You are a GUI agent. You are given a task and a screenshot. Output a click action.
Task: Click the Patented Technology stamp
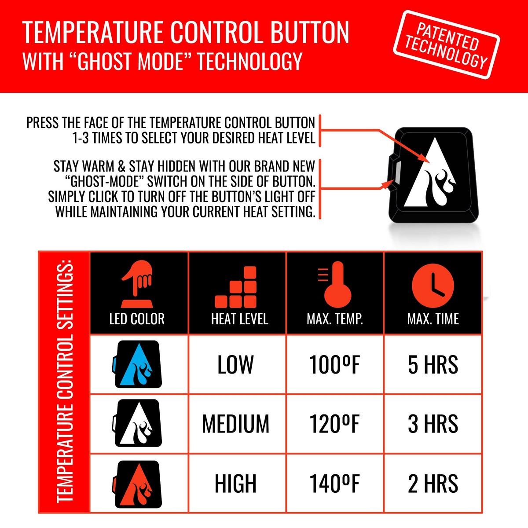click(x=446, y=45)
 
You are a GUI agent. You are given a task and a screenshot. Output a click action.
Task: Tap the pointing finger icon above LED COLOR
click(x=137, y=284)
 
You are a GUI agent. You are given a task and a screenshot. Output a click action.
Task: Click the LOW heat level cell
click(x=236, y=365)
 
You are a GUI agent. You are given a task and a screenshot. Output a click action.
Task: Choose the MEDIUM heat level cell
click(x=236, y=424)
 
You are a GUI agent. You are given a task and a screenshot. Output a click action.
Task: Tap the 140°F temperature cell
click(x=334, y=484)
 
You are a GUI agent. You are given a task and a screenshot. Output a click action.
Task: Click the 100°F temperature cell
click(x=334, y=365)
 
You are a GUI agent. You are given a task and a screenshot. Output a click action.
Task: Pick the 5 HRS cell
click(x=433, y=365)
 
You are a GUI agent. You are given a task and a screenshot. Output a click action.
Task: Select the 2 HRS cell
click(x=433, y=484)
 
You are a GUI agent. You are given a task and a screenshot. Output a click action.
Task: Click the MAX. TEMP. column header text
click(x=335, y=319)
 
